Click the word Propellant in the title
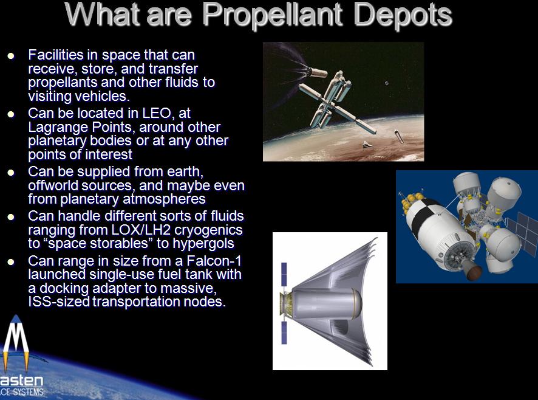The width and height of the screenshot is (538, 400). click(273, 15)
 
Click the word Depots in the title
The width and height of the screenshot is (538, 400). click(403, 15)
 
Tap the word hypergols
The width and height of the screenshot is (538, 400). click(203, 244)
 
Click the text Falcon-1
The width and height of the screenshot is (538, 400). click(214, 261)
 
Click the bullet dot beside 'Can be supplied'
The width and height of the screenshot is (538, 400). click(11, 172)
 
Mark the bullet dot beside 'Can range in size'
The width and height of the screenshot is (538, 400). click(11, 262)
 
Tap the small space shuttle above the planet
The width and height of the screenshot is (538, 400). click(367, 145)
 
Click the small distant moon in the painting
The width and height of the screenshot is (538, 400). click(387, 83)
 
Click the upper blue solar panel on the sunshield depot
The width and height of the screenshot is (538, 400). click(284, 275)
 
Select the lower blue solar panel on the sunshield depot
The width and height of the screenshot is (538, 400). click(284, 333)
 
